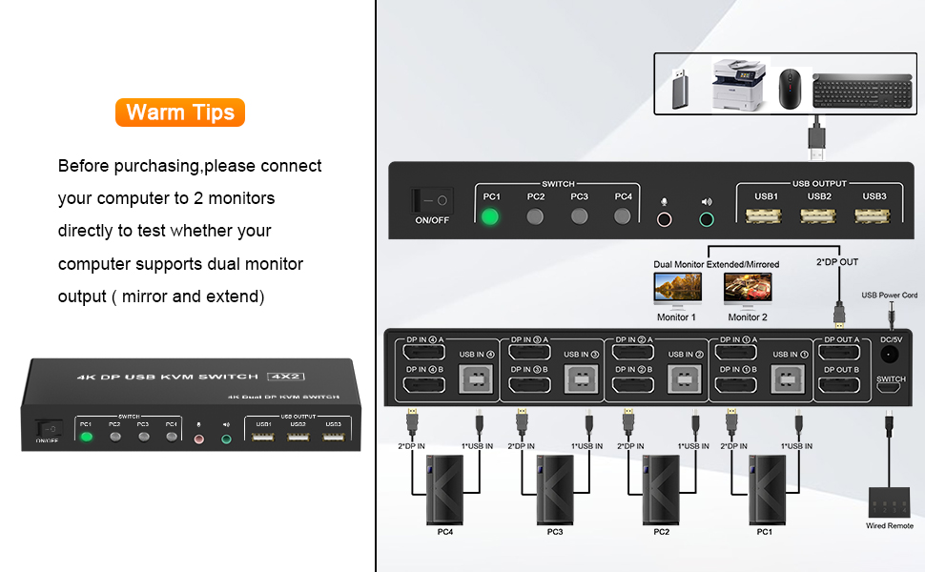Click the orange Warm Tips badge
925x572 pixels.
point(180,112)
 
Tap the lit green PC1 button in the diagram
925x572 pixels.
point(491,216)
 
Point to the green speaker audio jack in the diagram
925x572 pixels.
point(707,218)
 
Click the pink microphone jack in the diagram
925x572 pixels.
point(665,218)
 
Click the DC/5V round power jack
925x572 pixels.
point(892,355)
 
